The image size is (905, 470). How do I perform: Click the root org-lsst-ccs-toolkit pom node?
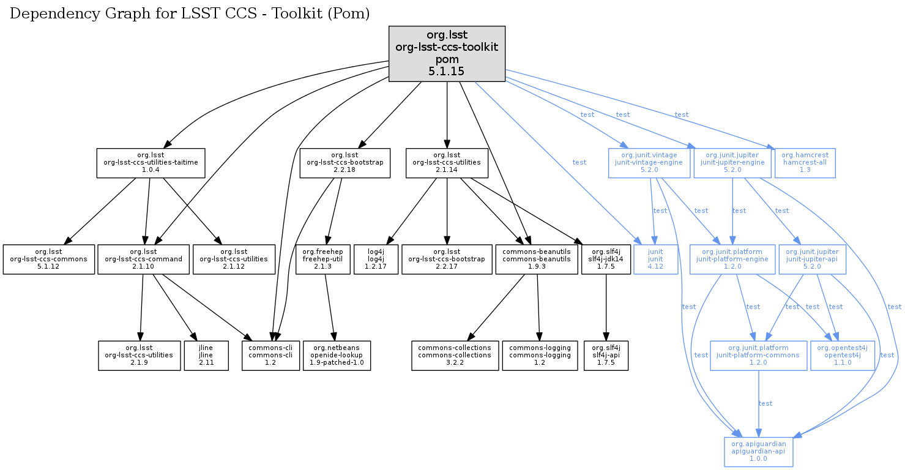coord(447,54)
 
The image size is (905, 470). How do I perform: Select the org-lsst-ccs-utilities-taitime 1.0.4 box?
coord(151,163)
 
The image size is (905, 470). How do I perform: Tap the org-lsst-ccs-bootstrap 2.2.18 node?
coord(345,163)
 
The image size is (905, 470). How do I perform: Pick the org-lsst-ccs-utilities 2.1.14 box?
coord(447,163)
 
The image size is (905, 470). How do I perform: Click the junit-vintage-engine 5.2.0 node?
coord(649,163)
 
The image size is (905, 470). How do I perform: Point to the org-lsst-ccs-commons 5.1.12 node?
coord(48,259)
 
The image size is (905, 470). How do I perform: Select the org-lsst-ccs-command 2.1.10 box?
coord(143,259)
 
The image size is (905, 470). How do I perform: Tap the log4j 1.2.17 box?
coord(376,259)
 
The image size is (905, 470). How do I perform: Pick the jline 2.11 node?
coord(206,356)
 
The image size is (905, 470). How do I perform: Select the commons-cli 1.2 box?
coord(270,356)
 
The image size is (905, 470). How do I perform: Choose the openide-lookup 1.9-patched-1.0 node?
coord(337,356)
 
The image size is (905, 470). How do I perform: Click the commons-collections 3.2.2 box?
coord(455,356)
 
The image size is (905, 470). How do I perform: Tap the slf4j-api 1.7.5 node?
coord(606,356)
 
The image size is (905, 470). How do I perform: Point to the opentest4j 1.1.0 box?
coord(834,356)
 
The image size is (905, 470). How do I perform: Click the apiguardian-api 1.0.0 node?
coord(759,452)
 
